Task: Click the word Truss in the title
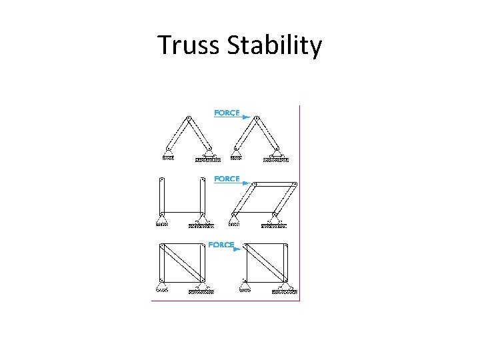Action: pos(189,45)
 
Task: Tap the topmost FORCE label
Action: pos(227,113)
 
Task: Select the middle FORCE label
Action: pos(227,179)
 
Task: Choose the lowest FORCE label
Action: pos(221,245)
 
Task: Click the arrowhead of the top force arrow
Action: pos(247,117)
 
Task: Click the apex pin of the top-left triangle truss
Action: pos(189,119)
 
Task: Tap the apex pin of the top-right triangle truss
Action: pos(257,119)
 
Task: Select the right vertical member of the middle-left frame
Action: pos(203,196)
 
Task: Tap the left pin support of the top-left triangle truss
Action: pos(168,155)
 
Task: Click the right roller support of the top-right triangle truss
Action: pos(277,156)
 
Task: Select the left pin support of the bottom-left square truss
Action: pos(162,287)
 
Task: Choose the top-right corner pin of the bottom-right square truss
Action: pos(287,245)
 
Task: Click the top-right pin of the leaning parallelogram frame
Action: pos(295,183)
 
